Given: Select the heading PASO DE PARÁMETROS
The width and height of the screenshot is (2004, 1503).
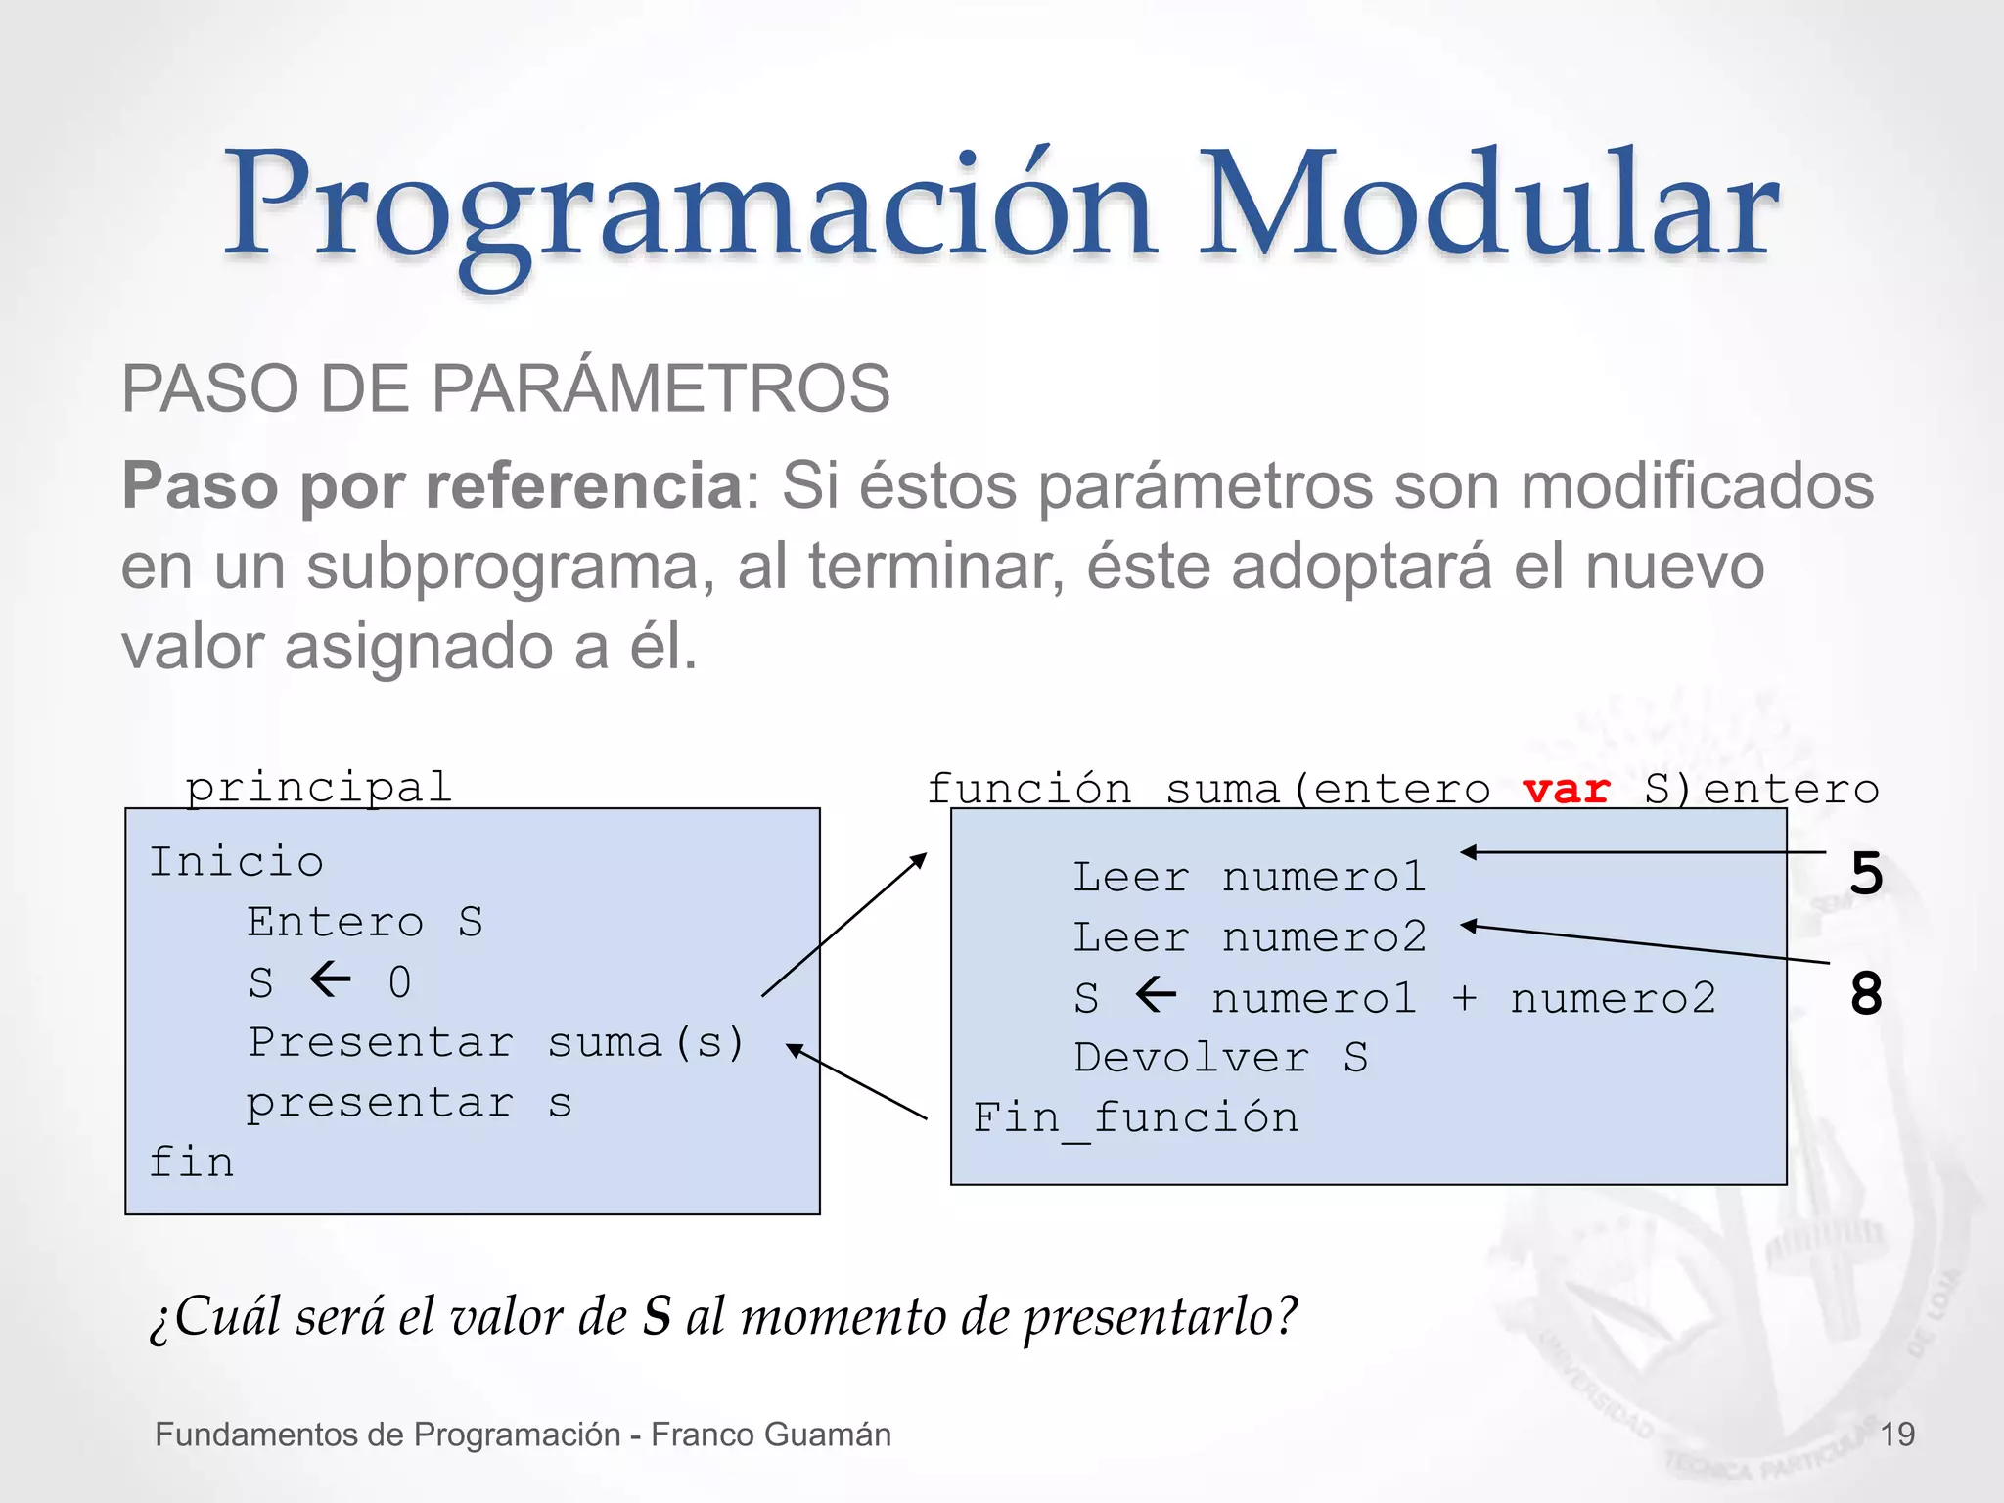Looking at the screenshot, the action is pyautogui.click(x=505, y=388).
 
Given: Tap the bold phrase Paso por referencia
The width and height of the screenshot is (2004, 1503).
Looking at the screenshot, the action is pyautogui.click(x=432, y=485).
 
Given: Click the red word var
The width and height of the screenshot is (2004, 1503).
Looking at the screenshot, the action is pyautogui.click(x=1566, y=789).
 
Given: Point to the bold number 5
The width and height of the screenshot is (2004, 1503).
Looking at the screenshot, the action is pyautogui.click(x=1866, y=873).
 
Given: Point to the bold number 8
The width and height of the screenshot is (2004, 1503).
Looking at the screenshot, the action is pyautogui.click(x=1866, y=994).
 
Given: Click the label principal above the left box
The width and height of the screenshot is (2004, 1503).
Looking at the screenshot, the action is pyautogui.click(x=319, y=787).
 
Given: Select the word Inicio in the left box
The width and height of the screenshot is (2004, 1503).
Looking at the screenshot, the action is pyautogui.click(x=236, y=862).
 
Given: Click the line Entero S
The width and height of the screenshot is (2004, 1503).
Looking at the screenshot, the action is pyautogui.click(x=364, y=922).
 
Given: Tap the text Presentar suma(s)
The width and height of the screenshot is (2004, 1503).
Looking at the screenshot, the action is pyautogui.click(x=496, y=1042).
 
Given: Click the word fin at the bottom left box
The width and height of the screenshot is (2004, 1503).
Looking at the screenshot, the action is pyautogui.click(x=191, y=1162).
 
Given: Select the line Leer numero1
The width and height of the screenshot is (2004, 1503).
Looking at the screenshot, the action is pyautogui.click(x=1250, y=877).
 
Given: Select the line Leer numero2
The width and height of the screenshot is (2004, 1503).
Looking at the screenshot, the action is pyautogui.click(x=1250, y=937).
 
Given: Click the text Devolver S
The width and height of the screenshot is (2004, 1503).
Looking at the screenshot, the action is pyautogui.click(x=1220, y=1058).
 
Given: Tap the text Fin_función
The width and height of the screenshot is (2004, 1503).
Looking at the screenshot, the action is pyautogui.click(x=1135, y=1118).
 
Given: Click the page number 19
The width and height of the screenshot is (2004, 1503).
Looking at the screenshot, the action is pyautogui.click(x=1897, y=1435).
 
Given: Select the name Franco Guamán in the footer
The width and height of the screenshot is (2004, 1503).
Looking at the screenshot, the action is pyautogui.click(x=771, y=1435).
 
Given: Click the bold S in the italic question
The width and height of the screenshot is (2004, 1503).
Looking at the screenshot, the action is pyautogui.click(x=657, y=1316).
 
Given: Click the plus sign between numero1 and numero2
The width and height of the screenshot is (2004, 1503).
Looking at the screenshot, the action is pyautogui.click(x=1464, y=998).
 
